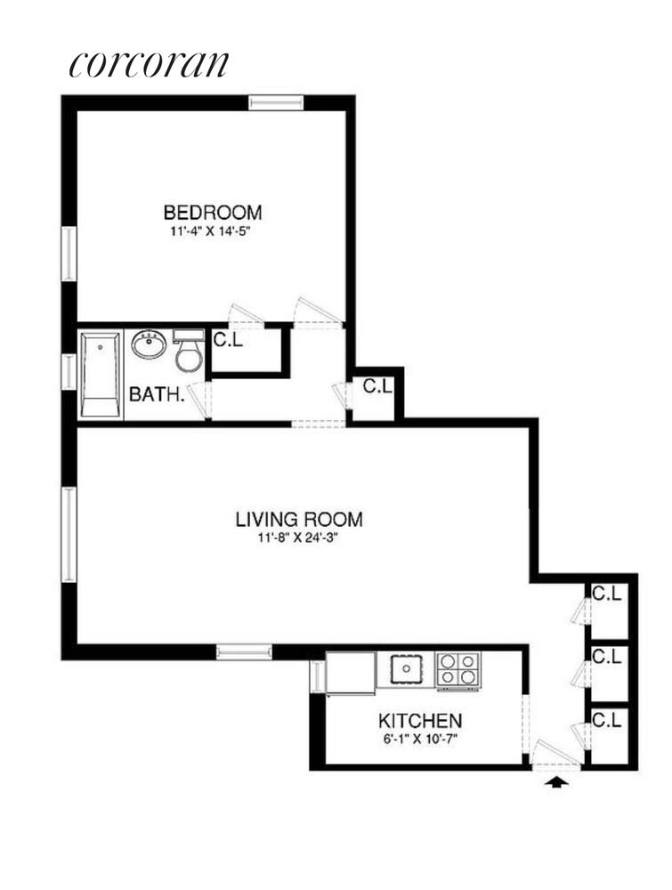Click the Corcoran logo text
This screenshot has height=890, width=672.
(x=149, y=64)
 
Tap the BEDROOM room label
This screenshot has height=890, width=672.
(x=212, y=213)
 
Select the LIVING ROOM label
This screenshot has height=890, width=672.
(x=298, y=520)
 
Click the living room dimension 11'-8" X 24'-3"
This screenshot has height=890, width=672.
(x=298, y=538)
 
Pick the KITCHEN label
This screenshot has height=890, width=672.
(x=420, y=720)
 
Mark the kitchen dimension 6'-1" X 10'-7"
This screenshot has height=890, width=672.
(x=420, y=738)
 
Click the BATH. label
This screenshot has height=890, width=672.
(x=157, y=393)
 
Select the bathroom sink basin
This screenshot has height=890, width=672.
(x=149, y=344)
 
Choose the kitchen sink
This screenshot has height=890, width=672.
(x=407, y=667)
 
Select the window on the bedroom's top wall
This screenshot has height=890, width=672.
(x=276, y=102)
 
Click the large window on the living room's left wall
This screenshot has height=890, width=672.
(x=69, y=533)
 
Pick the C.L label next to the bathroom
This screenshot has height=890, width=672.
(x=228, y=339)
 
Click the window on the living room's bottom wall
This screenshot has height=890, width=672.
(x=244, y=651)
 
